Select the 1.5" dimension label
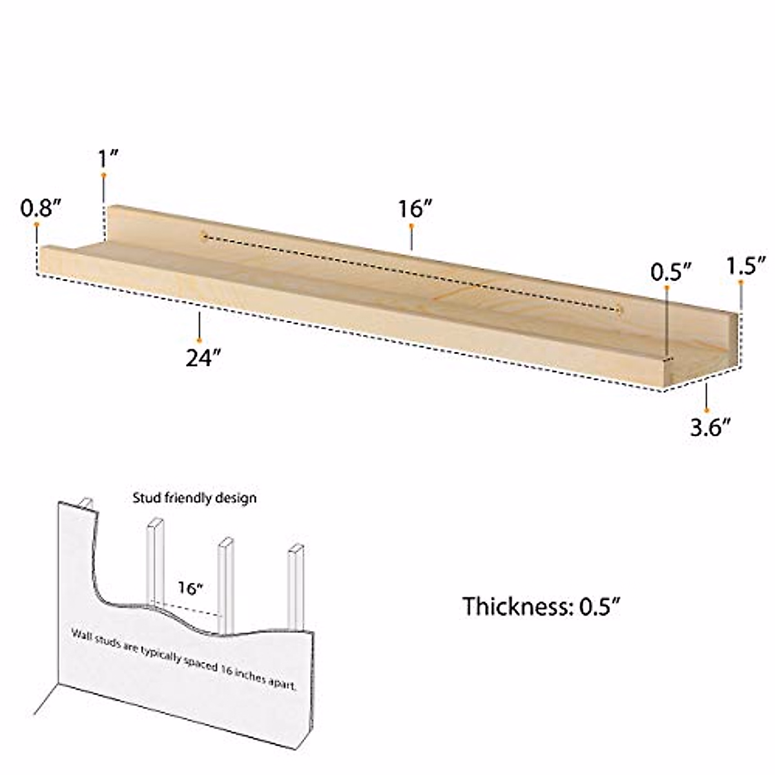(x=746, y=265)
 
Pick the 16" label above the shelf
(x=415, y=209)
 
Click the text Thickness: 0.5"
(x=541, y=606)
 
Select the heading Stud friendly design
(x=194, y=498)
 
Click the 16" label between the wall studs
(x=191, y=588)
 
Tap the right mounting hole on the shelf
(x=620, y=311)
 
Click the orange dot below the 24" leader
(x=200, y=340)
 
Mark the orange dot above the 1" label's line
(x=103, y=175)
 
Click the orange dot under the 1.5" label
(x=741, y=282)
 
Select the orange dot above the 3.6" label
(x=707, y=409)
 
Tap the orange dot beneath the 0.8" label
(x=37, y=224)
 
